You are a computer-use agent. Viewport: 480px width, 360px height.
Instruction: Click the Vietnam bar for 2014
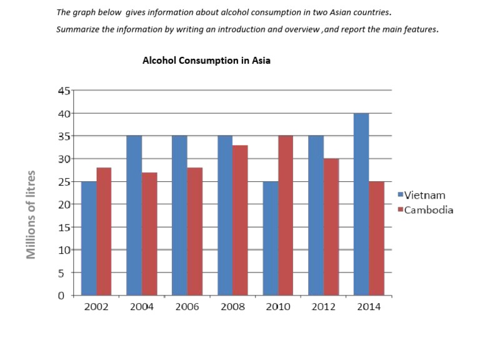tap(361, 204)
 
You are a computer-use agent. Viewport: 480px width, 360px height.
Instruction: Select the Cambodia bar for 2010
tap(286, 216)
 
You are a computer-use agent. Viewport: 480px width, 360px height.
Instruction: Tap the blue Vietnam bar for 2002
tap(89, 238)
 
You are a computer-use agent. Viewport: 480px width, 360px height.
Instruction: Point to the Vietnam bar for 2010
tap(271, 238)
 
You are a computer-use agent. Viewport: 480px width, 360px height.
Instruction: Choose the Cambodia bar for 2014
tap(376, 238)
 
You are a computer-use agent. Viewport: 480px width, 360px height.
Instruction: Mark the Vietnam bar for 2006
tap(179, 216)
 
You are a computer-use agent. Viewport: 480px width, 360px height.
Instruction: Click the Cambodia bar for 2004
tap(149, 234)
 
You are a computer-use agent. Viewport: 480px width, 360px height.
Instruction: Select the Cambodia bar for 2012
tap(331, 227)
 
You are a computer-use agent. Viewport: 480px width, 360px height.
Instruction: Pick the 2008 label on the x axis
tap(232, 308)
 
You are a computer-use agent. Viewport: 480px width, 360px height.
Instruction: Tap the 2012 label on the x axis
tap(323, 308)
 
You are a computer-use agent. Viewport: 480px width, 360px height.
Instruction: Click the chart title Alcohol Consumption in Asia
tap(206, 61)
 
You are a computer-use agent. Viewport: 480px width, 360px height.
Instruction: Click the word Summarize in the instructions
tap(79, 29)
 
